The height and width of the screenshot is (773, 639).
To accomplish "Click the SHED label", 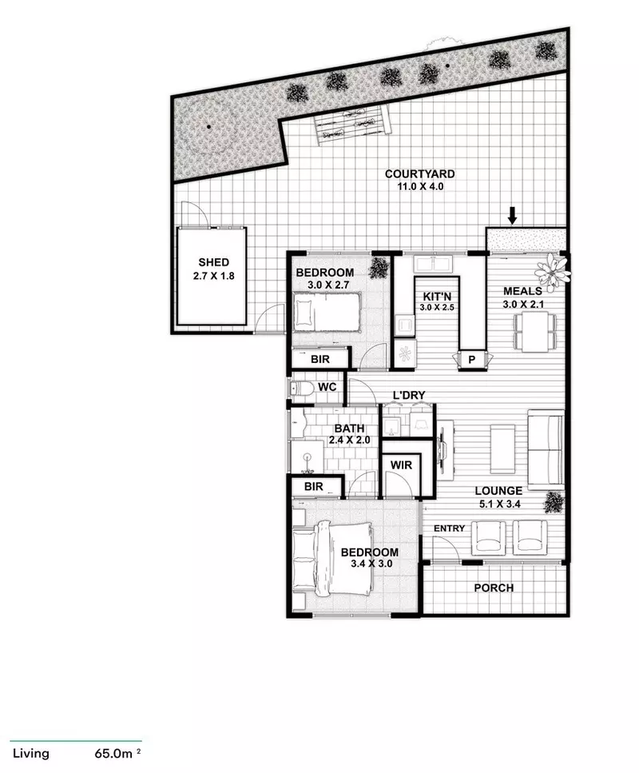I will pos(213,262).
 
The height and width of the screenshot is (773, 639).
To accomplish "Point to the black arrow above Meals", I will pos(513,214).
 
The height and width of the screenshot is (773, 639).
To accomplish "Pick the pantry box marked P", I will pos(471,361).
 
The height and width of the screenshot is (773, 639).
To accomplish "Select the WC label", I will pos(326,388).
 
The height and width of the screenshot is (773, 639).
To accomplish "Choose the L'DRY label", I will pos(407,396).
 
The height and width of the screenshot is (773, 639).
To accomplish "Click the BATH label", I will pos(349,428).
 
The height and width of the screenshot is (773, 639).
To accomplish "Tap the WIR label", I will pos(399,464).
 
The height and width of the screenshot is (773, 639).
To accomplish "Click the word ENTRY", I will pos(449,529).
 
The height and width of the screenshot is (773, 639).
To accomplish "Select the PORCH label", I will pos(494,588).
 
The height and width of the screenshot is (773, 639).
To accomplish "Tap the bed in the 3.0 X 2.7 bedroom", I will pos(326,311).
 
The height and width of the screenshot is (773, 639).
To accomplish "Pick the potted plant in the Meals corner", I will pos(554,270).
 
